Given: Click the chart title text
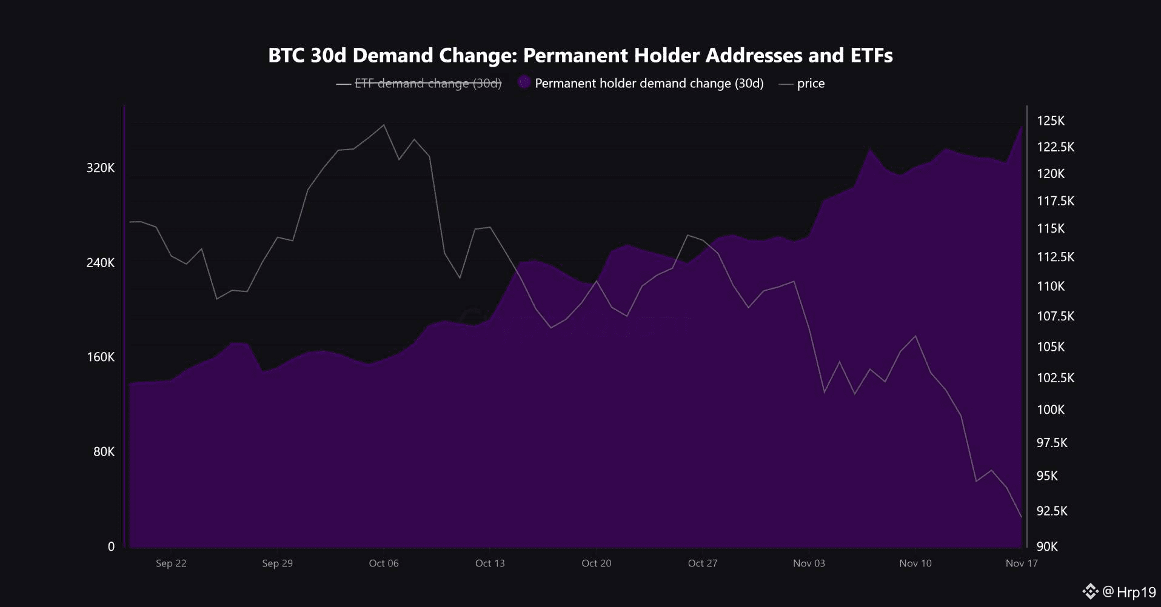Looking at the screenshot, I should pyautogui.click(x=580, y=55).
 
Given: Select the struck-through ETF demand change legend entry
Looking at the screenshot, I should pyautogui.click(x=427, y=84).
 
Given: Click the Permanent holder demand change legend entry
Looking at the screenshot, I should pyautogui.click(x=649, y=84).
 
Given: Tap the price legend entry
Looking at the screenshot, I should pyautogui.click(x=810, y=84).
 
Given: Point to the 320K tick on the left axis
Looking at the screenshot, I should pyautogui.click(x=100, y=168).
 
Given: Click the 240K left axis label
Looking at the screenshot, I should pyautogui.click(x=100, y=262).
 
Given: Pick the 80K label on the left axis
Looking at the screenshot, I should pyautogui.click(x=104, y=451).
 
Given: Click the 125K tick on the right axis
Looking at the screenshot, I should pyautogui.click(x=1050, y=121).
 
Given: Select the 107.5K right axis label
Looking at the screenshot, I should pyautogui.click(x=1055, y=316).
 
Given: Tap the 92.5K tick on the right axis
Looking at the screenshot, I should pyautogui.click(x=1051, y=511).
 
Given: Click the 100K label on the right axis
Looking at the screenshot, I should pyautogui.click(x=1050, y=410).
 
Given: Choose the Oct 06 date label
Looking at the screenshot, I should pyautogui.click(x=384, y=563).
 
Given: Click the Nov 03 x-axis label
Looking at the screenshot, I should pyautogui.click(x=809, y=563).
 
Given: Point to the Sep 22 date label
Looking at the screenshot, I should pyautogui.click(x=171, y=563).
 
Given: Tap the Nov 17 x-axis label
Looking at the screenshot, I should pyautogui.click(x=1022, y=563).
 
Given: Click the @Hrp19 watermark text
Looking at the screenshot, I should pyautogui.click(x=1129, y=592).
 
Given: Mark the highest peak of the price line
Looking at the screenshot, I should pyautogui.click(x=383, y=125).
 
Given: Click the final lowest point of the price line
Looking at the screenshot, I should pyautogui.click(x=1022, y=517).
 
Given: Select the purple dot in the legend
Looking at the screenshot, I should pyautogui.click(x=524, y=83).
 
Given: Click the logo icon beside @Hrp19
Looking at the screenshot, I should pyautogui.click(x=1090, y=591).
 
